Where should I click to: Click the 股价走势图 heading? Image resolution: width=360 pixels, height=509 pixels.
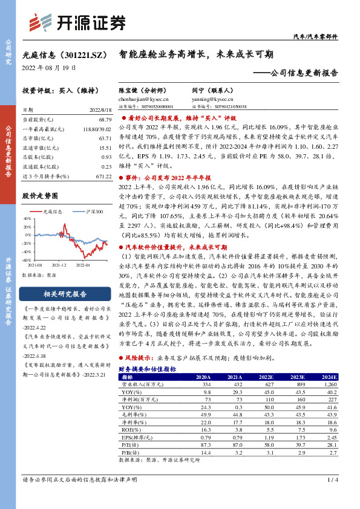tap(40, 195)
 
